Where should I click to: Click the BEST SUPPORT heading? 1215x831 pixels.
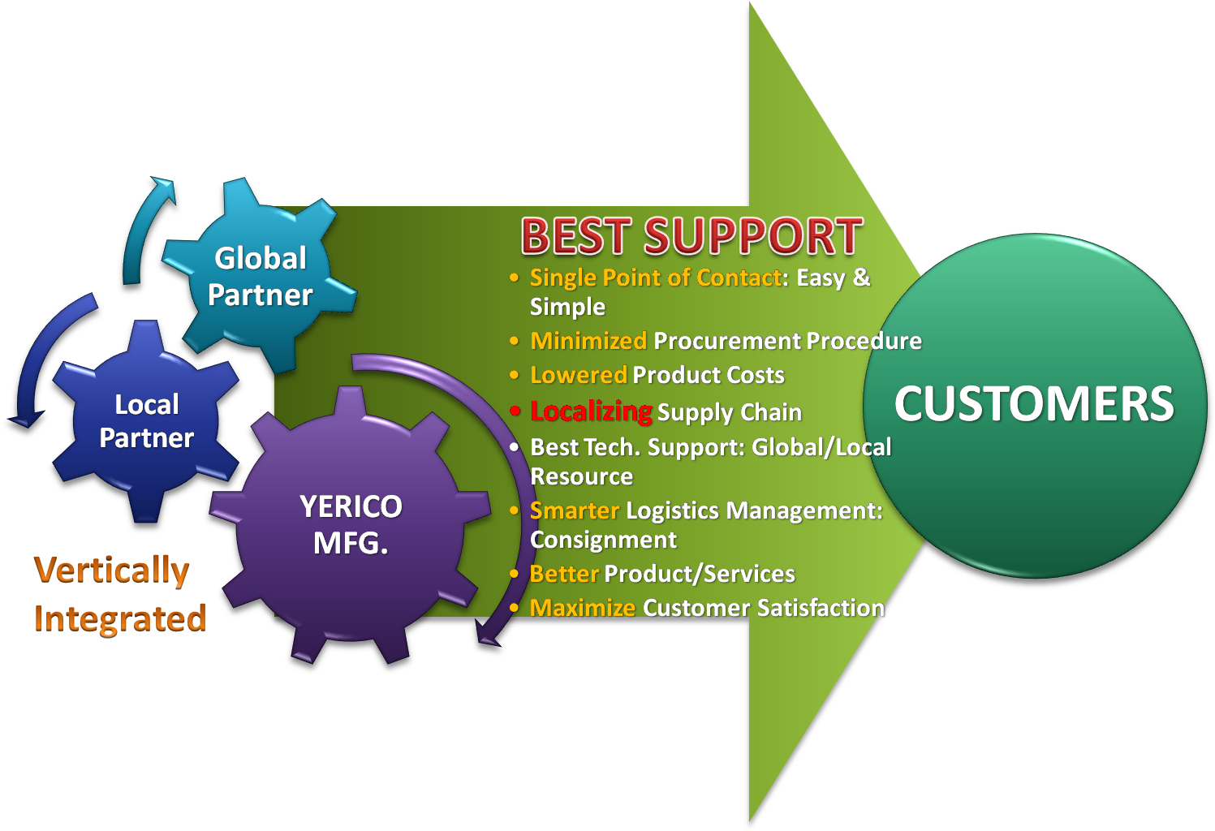click(692, 236)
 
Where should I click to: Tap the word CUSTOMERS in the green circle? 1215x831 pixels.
click(1034, 403)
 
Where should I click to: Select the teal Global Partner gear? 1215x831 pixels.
click(259, 275)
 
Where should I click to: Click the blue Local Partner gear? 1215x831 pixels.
click(145, 421)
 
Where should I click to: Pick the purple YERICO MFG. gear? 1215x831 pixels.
click(351, 524)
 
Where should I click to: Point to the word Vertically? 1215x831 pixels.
click(111, 571)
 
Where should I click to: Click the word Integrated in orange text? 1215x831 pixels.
click(120, 618)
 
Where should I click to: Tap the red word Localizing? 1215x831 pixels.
click(591, 411)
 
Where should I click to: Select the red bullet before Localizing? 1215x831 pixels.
click(515, 411)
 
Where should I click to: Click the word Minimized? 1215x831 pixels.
click(588, 341)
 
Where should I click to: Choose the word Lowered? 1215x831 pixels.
click(578, 375)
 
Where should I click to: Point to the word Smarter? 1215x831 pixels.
click(575, 510)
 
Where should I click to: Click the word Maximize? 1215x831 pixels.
click(582, 608)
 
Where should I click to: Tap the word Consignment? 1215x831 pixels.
click(603, 540)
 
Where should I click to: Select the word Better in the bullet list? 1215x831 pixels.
click(564, 574)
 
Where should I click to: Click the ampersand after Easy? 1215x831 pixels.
click(861, 278)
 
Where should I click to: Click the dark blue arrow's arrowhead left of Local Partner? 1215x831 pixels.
click(25, 420)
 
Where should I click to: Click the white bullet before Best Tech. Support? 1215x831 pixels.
click(515, 447)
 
